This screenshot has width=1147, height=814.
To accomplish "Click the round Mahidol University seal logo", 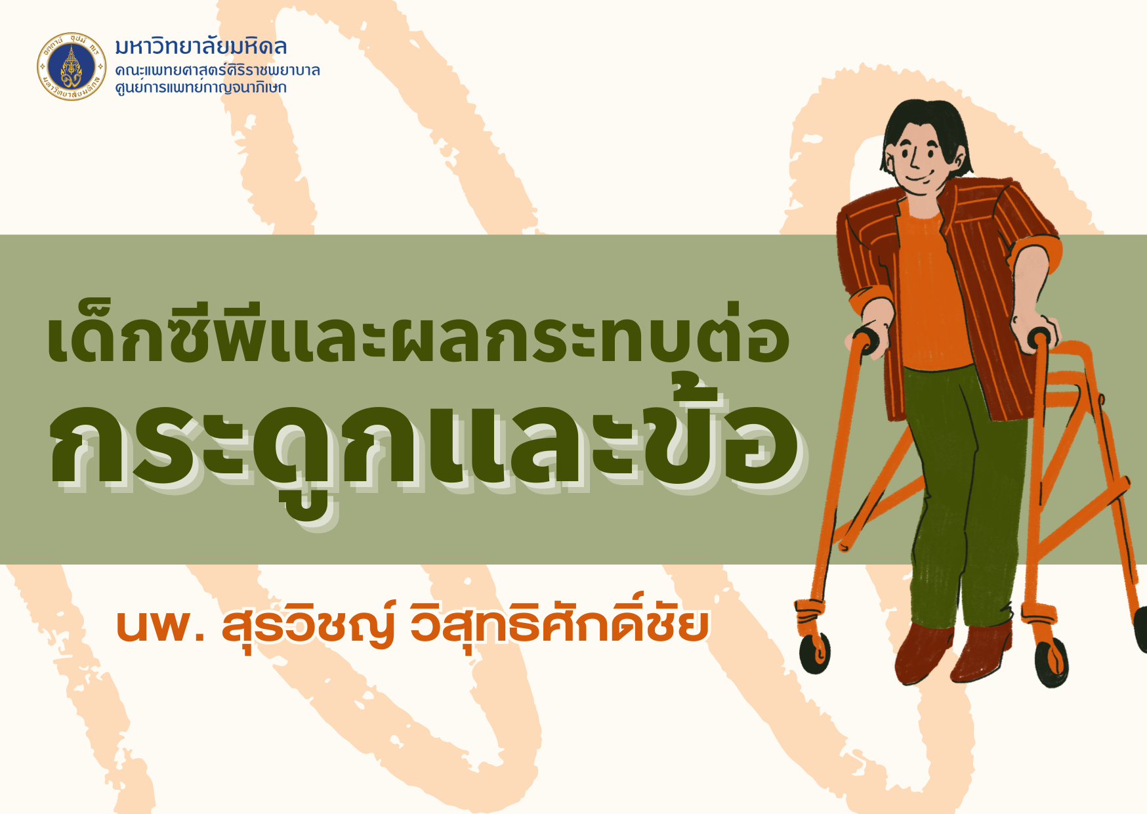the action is coord(72,66).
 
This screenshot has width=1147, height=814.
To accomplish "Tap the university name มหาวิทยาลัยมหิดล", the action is coord(201,47).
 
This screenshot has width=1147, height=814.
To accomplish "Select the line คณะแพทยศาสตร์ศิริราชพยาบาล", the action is coord(217,70).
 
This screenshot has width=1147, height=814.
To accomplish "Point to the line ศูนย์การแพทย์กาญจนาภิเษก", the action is coord(201,87).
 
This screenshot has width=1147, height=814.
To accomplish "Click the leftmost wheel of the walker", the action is coord(814,654).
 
